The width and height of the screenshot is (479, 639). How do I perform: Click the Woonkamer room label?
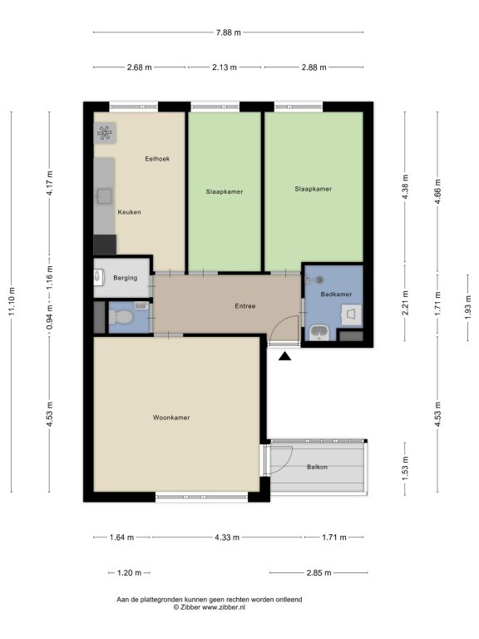click(171, 418)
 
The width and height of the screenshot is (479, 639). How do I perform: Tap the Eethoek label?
click(157, 159)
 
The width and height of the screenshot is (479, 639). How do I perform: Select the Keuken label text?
click(129, 212)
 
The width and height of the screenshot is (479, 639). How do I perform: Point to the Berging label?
click(125, 278)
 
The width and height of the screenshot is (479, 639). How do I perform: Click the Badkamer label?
click(336, 294)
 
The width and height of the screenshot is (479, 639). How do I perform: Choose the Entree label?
click(245, 305)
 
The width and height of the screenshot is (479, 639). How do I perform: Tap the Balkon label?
click(317, 467)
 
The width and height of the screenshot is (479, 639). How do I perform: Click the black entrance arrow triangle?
click(284, 357)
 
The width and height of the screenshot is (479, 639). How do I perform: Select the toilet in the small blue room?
click(120, 317)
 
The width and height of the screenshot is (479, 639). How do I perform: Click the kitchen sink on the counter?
click(104, 196)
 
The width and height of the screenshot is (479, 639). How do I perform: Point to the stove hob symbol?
click(105, 133)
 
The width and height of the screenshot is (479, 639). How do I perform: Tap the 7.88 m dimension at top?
click(229, 32)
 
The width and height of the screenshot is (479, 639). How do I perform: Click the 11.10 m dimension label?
click(12, 301)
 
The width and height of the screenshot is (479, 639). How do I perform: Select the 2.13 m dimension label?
click(225, 67)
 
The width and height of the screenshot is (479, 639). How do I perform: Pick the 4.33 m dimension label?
click(227, 537)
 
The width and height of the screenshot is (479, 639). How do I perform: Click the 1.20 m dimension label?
click(129, 572)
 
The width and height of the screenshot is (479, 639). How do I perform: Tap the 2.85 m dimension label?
click(319, 572)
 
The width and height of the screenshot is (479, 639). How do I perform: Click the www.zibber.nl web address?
click(224, 607)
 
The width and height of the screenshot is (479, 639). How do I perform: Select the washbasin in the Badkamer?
click(319, 333)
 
